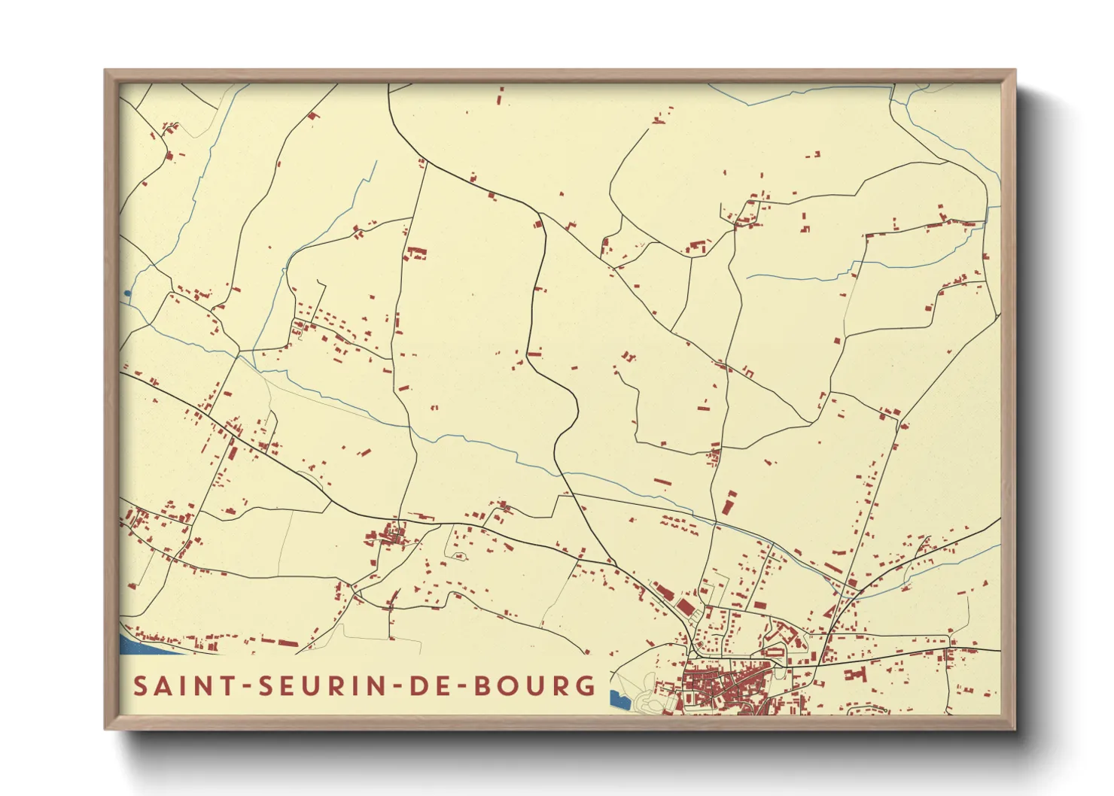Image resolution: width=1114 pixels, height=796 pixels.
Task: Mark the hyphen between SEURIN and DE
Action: (x=395, y=687)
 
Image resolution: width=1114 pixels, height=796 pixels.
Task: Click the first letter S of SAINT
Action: (x=140, y=686)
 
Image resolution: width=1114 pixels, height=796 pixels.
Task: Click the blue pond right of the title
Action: (x=619, y=700)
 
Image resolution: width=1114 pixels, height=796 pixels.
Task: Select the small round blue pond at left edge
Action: (x=127, y=293)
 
